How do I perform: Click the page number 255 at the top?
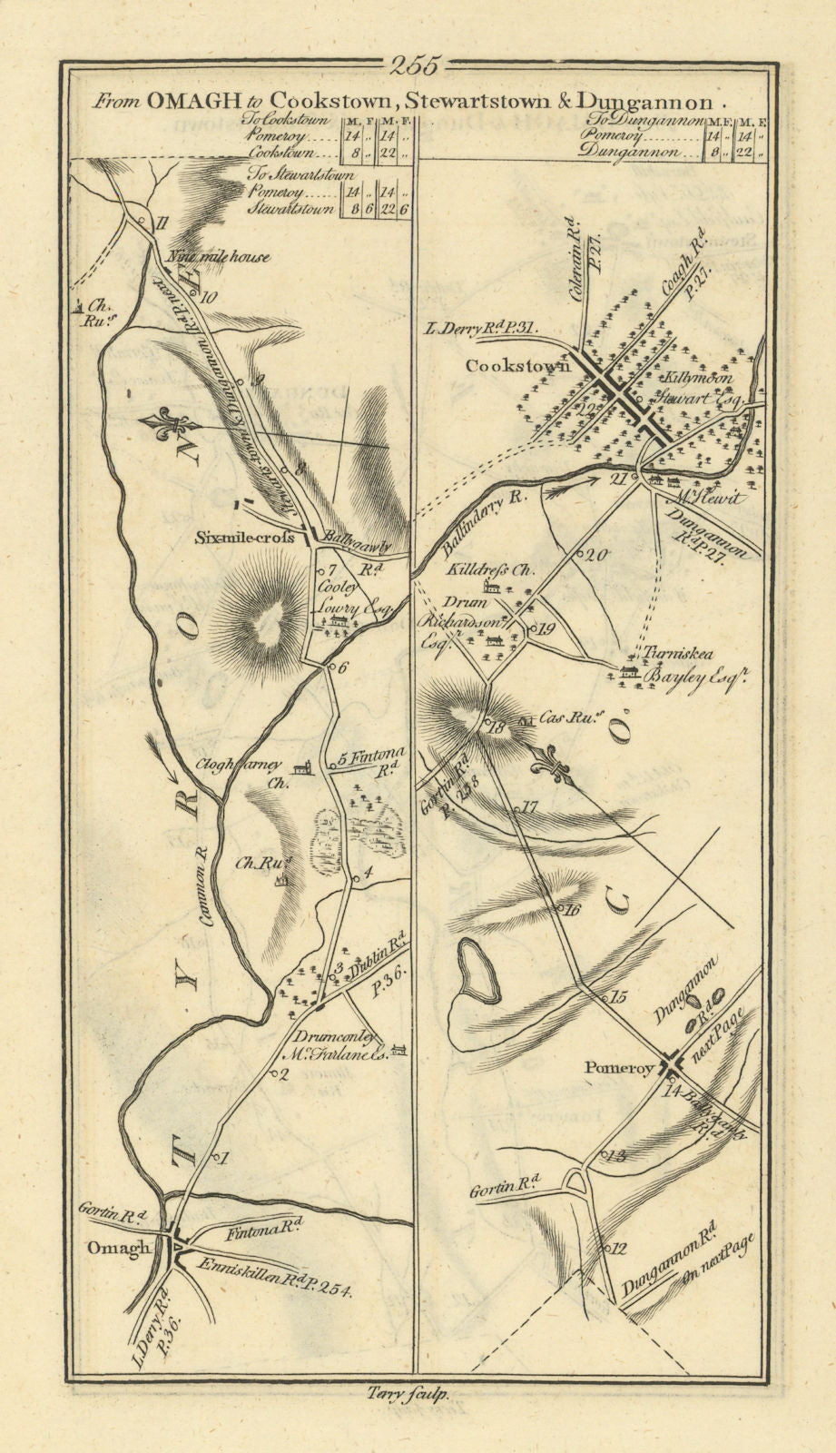coord(416,65)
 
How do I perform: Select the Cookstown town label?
coord(517,366)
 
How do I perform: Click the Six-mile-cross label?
coord(244,538)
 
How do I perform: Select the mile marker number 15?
coord(619,997)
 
